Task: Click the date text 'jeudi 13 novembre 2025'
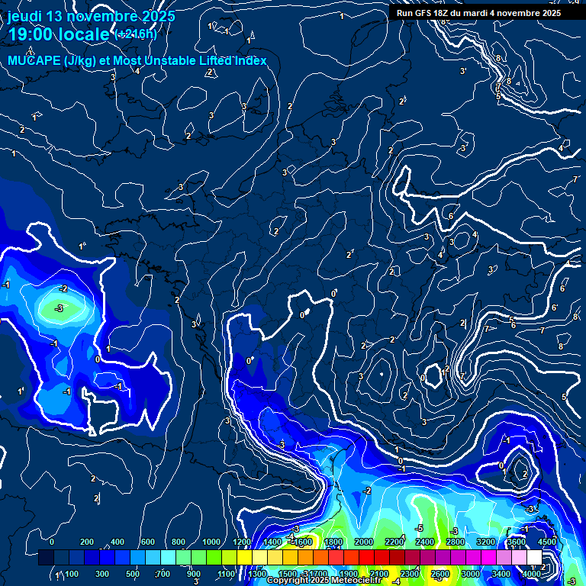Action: point(92,16)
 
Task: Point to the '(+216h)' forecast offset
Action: point(135,34)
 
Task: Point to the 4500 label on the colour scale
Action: point(547,542)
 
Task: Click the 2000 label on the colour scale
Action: point(363,542)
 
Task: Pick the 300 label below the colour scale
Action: point(102,574)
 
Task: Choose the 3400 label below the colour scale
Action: point(501,574)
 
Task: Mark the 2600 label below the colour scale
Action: point(440,574)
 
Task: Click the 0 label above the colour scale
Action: point(52,542)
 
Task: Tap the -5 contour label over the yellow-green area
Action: point(419,528)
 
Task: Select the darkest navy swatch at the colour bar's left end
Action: point(46,558)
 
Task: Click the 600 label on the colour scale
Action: point(148,542)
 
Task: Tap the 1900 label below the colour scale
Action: point(348,574)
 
